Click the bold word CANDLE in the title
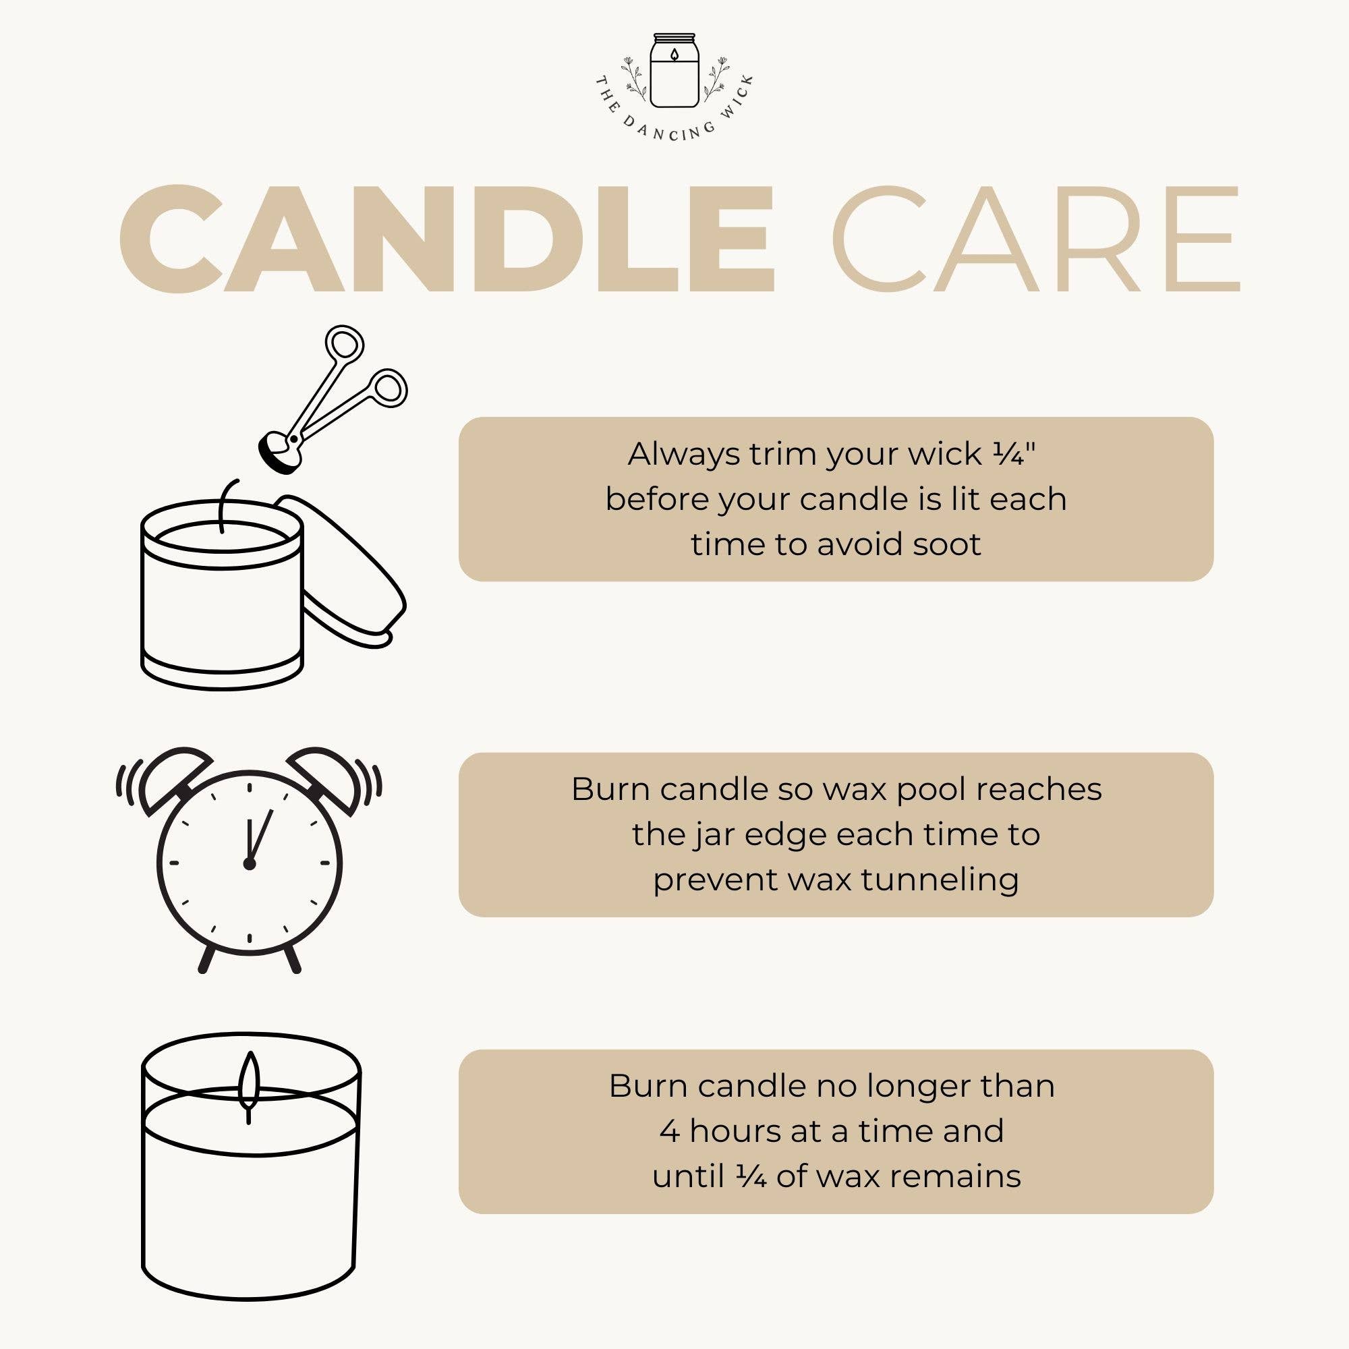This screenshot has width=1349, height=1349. tap(447, 239)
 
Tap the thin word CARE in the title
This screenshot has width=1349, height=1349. tap(1035, 239)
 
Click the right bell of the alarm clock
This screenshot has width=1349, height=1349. tap(323, 779)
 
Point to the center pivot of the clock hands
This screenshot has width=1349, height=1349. tap(250, 864)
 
